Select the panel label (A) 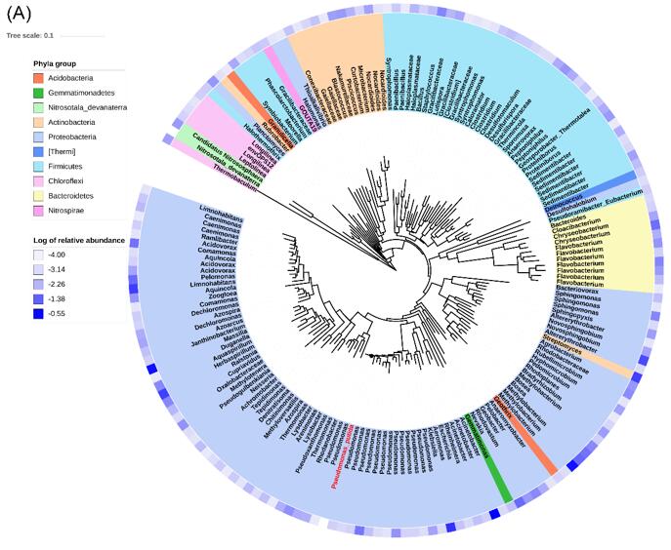(21, 12)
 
